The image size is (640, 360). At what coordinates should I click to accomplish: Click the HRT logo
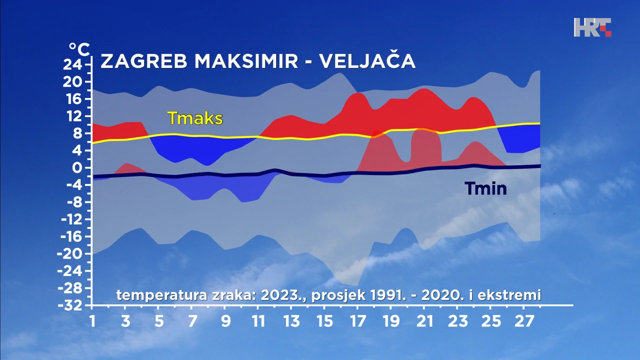(x=592, y=27)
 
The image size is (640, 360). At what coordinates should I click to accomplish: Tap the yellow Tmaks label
(x=195, y=118)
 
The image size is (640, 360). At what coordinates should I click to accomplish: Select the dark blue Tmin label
(x=485, y=188)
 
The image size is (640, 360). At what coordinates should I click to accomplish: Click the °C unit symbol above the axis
(x=79, y=49)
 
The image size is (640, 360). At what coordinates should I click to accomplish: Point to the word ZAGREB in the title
(x=143, y=61)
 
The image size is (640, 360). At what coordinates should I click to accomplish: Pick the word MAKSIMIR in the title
(x=246, y=61)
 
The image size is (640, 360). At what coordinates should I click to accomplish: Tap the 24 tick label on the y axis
(x=72, y=65)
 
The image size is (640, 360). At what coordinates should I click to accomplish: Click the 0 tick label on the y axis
(x=77, y=168)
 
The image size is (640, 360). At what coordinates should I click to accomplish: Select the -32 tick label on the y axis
(x=70, y=305)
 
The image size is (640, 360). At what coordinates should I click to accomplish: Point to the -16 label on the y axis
(x=71, y=237)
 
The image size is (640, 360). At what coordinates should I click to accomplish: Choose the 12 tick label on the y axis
(x=73, y=116)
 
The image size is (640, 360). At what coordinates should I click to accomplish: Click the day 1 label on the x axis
(x=92, y=321)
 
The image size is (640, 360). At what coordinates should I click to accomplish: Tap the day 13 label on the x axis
(x=291, y=321)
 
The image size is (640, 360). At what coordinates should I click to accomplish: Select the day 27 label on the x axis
(x=524, y=321)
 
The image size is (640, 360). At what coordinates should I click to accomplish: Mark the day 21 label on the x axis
(x=424, y=321)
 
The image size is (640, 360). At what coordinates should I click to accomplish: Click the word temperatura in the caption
(x=161, y=295)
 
